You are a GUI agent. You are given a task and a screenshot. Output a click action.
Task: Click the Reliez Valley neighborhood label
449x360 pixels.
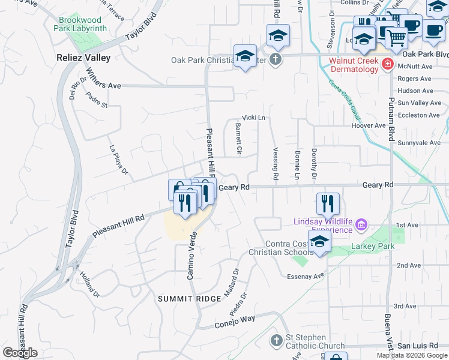(x=83, y=58)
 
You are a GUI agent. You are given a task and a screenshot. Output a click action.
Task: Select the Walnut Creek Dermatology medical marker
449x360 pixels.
(x=388, y=64)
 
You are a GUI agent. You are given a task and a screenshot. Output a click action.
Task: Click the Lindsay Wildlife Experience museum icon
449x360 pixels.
(x=361, y=226)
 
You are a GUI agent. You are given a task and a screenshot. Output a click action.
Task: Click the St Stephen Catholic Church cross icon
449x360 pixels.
(x=276, y=341)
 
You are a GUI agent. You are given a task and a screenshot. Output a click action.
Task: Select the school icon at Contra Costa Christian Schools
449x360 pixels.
(x=320, y=242)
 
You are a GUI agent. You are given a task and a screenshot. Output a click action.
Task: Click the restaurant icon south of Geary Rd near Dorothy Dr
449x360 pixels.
(x=328, y=203)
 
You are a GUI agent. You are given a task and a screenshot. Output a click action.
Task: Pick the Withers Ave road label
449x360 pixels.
(x=103, y=86)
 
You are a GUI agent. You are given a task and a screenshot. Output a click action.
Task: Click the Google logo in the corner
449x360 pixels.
(x=20, y=353)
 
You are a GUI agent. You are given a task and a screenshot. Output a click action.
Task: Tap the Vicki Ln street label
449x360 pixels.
(x=253, y=118)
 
